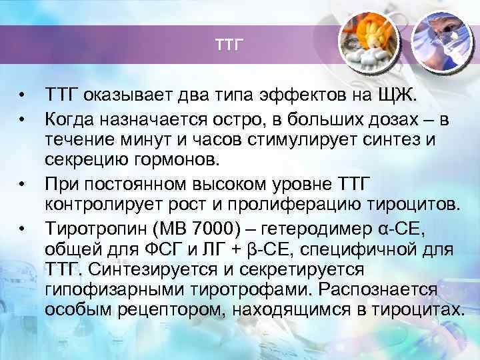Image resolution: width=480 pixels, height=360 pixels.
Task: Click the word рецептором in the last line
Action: pos(165,311)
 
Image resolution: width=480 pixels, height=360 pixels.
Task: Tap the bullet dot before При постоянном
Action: pos(23,183)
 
